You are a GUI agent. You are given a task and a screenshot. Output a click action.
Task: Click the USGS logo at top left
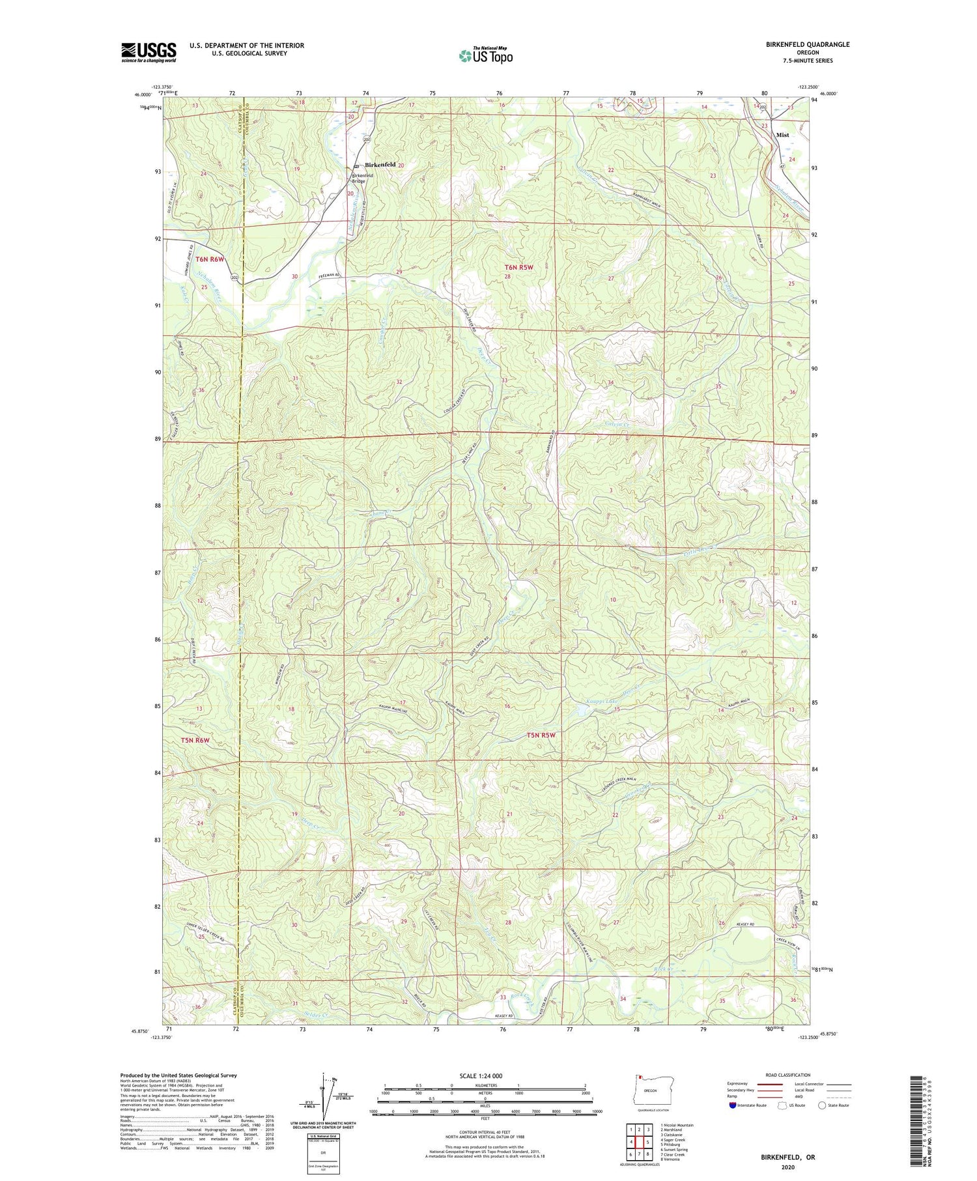tap(149, 52)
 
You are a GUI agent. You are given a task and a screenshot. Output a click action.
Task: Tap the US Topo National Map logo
tap(485, 55)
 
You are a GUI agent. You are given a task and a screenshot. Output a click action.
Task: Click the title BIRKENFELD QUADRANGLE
tap(807, 44)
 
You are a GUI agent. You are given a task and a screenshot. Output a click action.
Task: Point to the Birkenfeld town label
tap(380, 165)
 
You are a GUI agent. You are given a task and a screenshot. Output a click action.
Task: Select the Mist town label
tap(782, 135)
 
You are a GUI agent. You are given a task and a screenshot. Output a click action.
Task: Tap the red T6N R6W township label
tap(210, 259)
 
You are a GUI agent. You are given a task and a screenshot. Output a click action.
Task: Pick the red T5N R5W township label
tap(541, 735)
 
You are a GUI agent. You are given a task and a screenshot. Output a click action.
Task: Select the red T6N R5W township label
tap(518, 267)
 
